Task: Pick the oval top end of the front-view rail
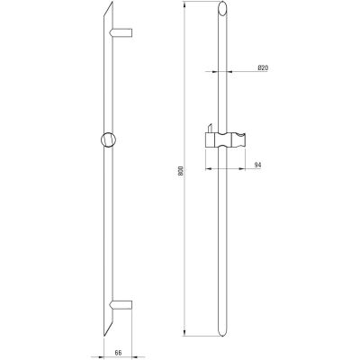tap(221, 12)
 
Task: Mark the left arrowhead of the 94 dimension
tap(206, 171)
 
